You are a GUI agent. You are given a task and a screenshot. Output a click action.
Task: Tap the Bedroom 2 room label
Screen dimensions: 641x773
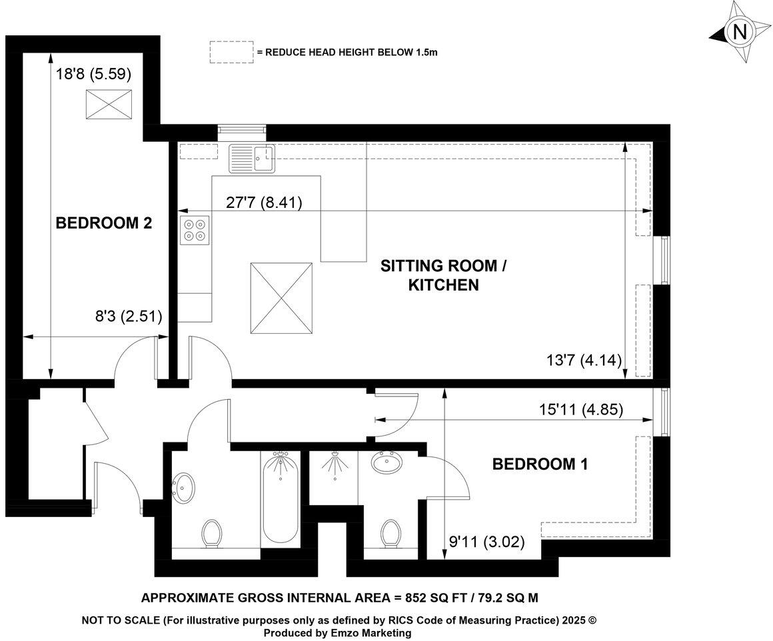[103, 223]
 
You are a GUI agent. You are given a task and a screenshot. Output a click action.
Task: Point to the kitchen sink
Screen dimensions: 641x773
[251, 159]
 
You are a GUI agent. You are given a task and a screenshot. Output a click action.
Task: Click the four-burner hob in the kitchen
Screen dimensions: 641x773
[194, 230]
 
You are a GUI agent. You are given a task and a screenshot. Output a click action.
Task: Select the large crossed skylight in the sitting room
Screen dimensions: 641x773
[281, 298]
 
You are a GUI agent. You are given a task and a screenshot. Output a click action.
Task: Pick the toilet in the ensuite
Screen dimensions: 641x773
[391, 532]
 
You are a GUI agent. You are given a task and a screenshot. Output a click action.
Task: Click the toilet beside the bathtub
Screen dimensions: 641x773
[212, 533]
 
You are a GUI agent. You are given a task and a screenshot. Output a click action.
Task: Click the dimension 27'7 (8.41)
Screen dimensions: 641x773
[264, 203]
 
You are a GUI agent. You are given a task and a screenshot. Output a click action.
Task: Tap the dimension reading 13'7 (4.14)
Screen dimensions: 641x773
[583, 360]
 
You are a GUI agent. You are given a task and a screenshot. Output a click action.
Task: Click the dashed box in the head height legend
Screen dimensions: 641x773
[231, 52]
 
